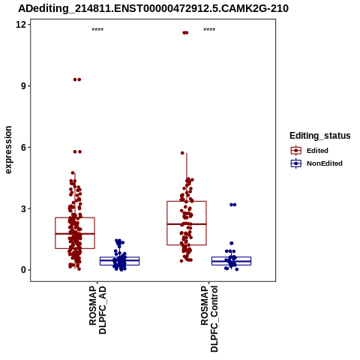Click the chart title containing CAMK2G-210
[153, 8]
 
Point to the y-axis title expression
[8, 150]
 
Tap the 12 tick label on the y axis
[21, 24]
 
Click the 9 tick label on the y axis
[23, 85]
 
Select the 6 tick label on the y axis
[23, 147]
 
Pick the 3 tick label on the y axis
[23, 208]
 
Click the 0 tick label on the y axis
[23, 270]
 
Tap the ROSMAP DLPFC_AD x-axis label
[97, 310]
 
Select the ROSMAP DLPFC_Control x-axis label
[209, 319]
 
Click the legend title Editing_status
[320, 136]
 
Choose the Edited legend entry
[310, 151]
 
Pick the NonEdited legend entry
[316, 163]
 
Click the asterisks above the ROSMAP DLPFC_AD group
[97, 30]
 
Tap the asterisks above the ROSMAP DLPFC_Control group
[209, 30]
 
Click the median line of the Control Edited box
[187, 224]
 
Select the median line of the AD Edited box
[75, 234]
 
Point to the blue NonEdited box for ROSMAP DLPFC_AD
[119, 261]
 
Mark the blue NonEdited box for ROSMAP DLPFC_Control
[231, 261]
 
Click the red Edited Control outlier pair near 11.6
[185, 33]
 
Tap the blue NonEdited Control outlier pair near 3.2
[232, 205]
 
